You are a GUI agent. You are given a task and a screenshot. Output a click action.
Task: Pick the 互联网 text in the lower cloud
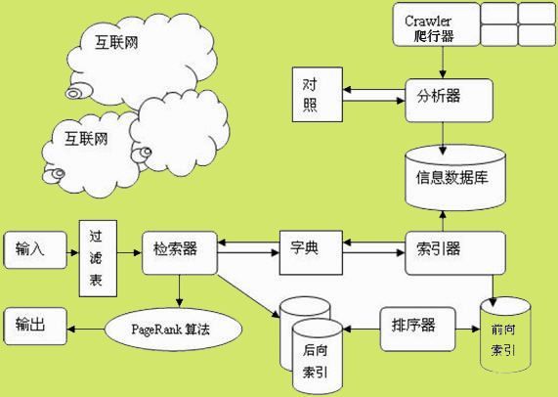pos(87,138)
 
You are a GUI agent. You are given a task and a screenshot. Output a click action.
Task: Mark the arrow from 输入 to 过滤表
pos(70,251)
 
